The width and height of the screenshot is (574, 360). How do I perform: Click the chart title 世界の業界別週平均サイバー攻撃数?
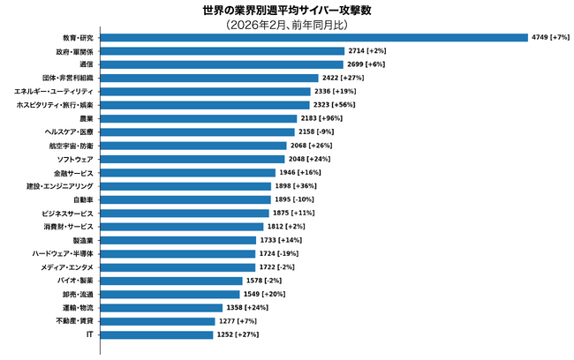click(x=286, y=11)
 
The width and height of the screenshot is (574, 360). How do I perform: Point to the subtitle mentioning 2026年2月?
click(x=286, y=25)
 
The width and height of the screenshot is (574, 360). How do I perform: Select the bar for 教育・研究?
click(x=313, y=38)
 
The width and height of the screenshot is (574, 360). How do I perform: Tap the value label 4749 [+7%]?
click(x=549, y=38)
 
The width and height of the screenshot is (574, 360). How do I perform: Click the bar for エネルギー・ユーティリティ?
click(x=205, y=92)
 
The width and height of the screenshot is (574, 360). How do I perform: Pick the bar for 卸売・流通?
click(x=170, y=294)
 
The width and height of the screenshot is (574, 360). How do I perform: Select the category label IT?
click(x=89, y=334)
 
